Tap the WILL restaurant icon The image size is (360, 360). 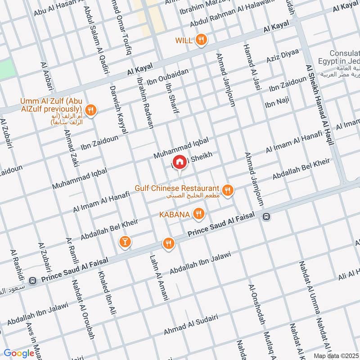click(201, 40)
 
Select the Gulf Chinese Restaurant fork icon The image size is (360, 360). click(228, 190)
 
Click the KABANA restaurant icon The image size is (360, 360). click(198, 214)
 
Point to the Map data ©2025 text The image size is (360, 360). click(336, 355)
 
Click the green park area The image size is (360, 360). click(7, 68)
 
